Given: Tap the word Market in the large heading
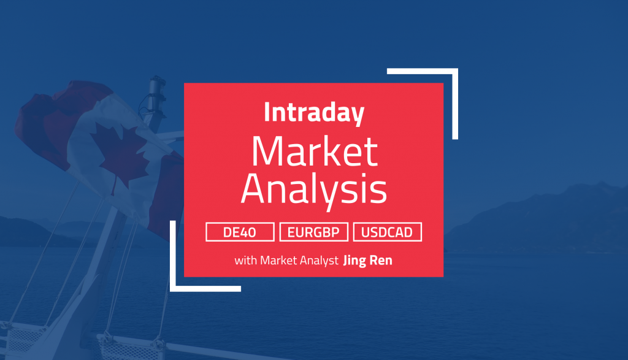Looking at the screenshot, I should click(x=313, y=153).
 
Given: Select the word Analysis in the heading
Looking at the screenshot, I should click(x=313, y=191).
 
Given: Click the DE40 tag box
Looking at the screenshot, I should click(x=240, y=232).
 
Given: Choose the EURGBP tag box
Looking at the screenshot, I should click(x=313, y=232).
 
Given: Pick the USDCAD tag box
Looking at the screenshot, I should click(x=387, y=232).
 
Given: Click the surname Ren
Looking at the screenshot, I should click(x=381, y=260).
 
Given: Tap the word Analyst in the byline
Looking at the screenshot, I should click(x=319, y=260).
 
